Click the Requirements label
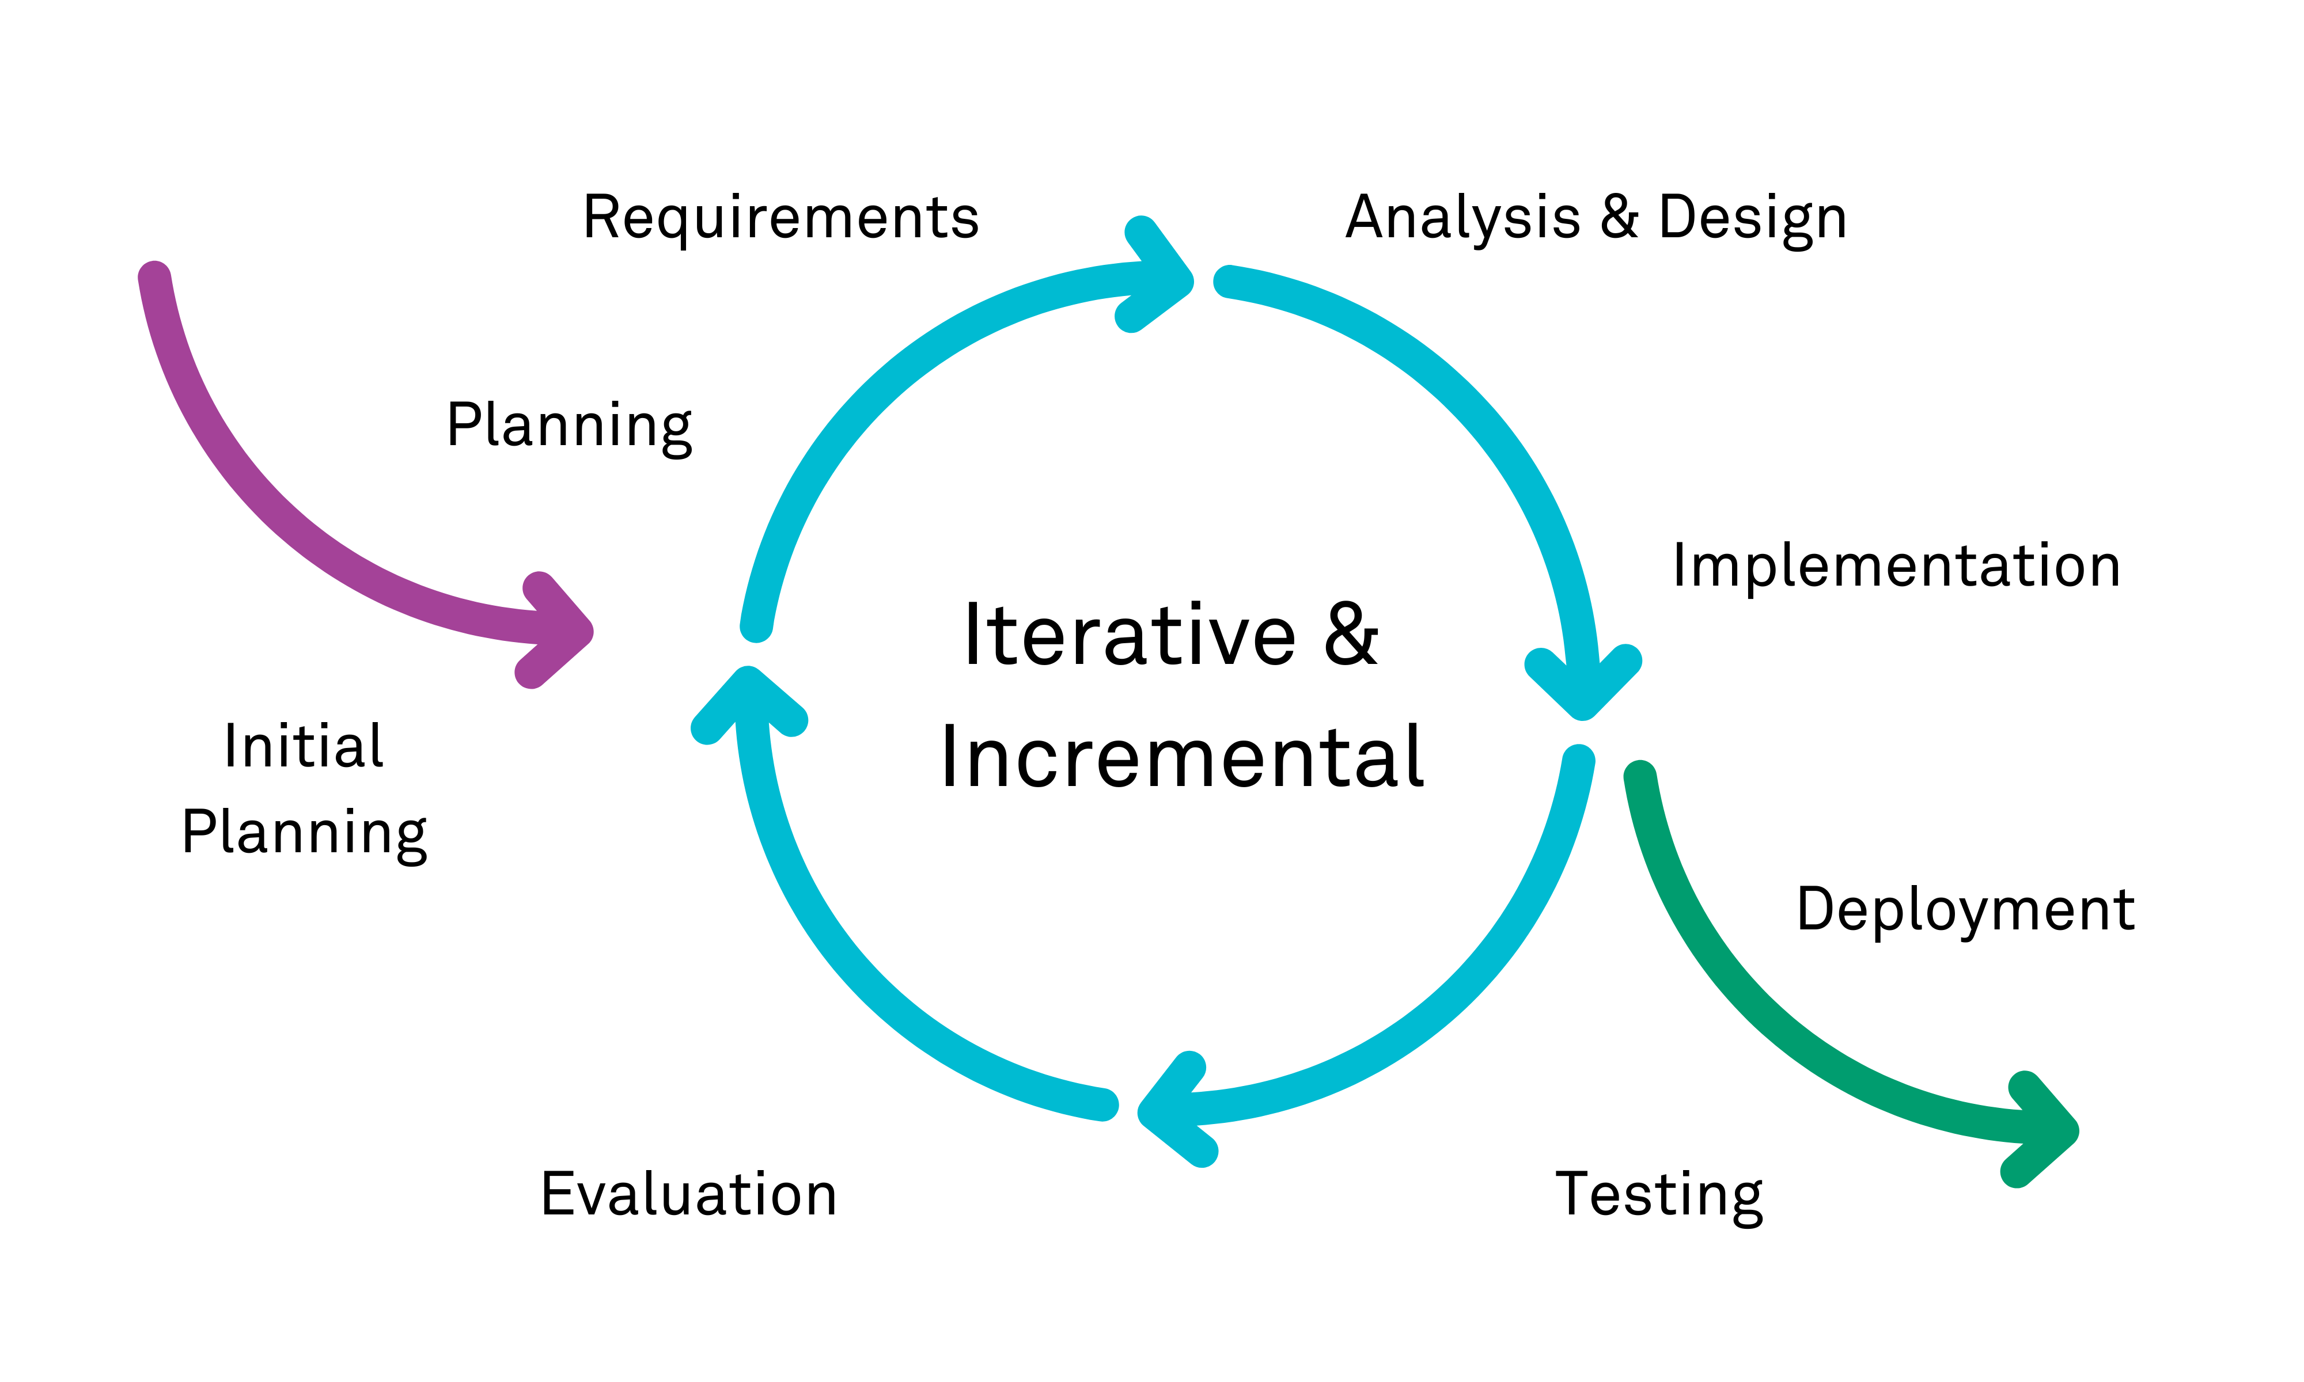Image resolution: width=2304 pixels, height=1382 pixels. (x=780, y=218)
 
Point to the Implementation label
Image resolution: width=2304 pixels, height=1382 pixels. (x=1896, y=565)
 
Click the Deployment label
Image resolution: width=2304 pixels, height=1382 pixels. (x=1965, y=910)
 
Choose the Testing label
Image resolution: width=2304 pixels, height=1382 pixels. (x=1659, y=1195)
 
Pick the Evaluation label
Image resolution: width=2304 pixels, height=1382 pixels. (x=688, y=1195)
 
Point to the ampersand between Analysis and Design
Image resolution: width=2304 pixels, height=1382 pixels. (x=1620, y=218)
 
